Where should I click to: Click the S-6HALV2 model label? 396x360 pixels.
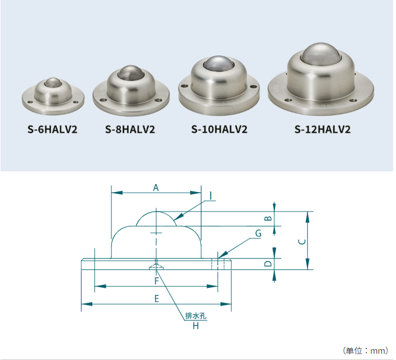pos(52,130)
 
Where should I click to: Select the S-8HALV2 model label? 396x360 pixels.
pos(130,130)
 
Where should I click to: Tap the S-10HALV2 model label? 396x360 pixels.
pos(219,130)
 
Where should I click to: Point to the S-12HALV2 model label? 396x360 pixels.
pos(323,130)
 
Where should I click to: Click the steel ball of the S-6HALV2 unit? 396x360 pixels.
pos(53,82)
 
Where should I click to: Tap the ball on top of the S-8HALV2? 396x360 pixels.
pos(131,72)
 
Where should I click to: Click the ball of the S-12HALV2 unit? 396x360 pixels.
pos(321,53)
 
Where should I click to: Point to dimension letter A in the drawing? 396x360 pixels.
pos(156,187)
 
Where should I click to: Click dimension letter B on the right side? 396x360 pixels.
pos(269,218)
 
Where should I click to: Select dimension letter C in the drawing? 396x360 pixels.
pos(302,242)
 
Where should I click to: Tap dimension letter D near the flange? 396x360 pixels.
pos(268,264)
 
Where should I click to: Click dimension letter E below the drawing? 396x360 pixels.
pos(157,299)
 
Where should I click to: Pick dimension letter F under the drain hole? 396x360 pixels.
pos(157,281)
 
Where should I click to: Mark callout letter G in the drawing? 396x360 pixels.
pos(258,233)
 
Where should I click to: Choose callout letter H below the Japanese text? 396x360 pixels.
pos(196,326)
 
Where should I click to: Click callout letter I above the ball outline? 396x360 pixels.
pos(211,196)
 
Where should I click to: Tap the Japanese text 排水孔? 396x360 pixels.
pos(196,316)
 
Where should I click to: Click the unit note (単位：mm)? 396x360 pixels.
pos(366,351)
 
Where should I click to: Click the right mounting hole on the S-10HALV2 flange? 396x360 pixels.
pos(253,87)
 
